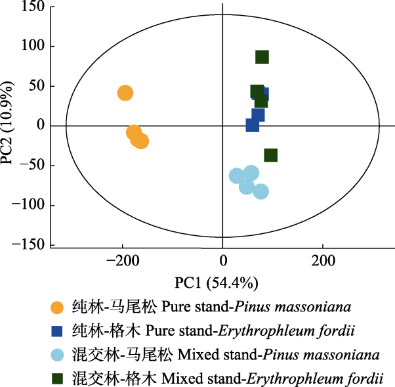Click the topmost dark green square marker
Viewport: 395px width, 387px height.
pos(262,57)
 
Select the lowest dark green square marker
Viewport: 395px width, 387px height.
pos(270,155)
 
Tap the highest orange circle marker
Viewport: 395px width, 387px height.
pos(125,93)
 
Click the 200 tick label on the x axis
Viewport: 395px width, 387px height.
pos(322,261)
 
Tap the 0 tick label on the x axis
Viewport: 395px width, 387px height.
pos(222,261)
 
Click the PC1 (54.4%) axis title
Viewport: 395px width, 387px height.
pos(216,283)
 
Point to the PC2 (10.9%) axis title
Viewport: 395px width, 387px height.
pos(9,125)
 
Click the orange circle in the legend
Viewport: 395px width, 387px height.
pos(58,307)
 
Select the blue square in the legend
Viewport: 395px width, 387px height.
pos(58,331)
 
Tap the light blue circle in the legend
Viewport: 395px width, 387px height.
pos(58,355)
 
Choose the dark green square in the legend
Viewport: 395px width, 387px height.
pos(58,378)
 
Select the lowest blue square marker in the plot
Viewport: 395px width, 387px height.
pos(253,125)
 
